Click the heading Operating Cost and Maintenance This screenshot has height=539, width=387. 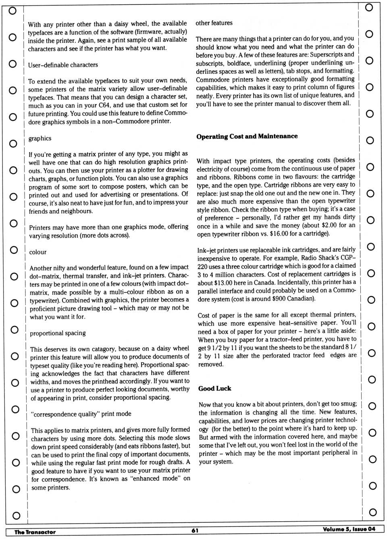(247, 136)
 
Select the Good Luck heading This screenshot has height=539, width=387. (214, 389)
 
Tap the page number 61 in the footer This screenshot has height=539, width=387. (195, 531)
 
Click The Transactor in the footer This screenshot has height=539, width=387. (35, 532)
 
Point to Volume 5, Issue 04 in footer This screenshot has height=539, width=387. (349, 529)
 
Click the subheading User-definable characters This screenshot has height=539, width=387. (63, 65)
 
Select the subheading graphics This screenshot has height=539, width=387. (40, 138)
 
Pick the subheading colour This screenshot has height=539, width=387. (38, 252)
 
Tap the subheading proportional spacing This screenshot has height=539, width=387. (58, 333)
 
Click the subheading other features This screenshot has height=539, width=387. (214, 23)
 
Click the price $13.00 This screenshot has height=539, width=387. (225, 282)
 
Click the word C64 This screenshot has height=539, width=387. (104, 105)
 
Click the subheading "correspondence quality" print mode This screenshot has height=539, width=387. (81, 414)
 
